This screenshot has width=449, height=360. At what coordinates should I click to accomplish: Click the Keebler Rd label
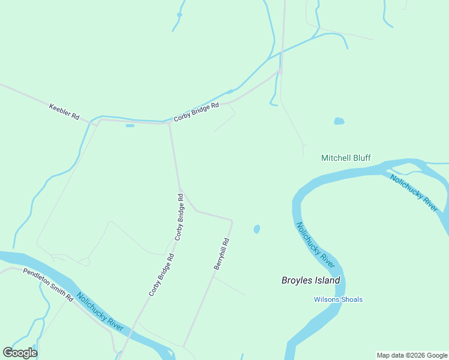[64, 111]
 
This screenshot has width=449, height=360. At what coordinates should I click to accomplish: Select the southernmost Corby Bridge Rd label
[161, 275]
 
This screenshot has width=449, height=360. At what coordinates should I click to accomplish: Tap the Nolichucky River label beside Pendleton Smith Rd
[100, 312]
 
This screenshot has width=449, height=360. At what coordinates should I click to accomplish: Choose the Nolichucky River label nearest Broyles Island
[315, 245]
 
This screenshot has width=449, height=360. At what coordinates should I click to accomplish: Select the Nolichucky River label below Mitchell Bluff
[414, 192]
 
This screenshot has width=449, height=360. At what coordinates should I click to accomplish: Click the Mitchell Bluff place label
[346, 158]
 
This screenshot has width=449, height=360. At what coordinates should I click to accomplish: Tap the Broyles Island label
[311, 280]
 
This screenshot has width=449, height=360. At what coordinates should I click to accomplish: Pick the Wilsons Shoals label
[338, 299]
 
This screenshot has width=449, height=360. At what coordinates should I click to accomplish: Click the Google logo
[20, 353]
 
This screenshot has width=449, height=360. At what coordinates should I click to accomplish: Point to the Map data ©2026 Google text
[412, 355]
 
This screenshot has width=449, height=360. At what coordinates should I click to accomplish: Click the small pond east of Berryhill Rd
[257, 229]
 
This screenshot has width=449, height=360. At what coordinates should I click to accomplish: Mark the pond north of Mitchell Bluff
[339, 121]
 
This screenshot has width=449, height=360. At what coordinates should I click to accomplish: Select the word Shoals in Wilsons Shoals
[351, 299]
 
